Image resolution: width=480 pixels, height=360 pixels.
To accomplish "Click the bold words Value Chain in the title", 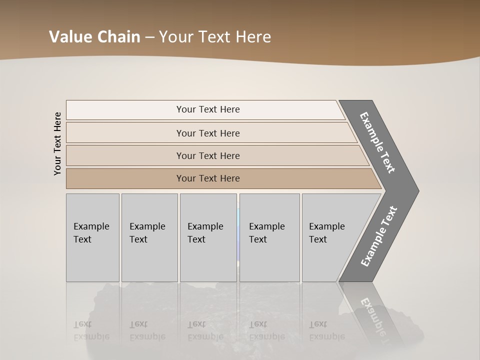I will (x=94, y=37).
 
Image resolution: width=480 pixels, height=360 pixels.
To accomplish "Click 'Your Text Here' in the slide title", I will (x=215, y=37).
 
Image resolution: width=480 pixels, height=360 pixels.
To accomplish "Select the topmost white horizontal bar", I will (x=208, y=109).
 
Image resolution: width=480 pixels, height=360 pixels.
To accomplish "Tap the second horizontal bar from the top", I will (x=208, y=133).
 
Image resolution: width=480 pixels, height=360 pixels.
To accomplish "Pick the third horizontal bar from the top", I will (x=208, y=155).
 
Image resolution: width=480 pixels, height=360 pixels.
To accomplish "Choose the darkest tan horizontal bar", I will (x=208, y=178).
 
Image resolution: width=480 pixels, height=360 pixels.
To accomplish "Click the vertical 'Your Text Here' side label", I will (x=57, y=143).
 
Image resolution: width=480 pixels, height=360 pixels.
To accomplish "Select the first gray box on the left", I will (x=92, y=237).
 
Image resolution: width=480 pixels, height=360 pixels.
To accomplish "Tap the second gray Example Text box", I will (x=149, y=237).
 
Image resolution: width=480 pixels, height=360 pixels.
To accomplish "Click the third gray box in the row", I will (x=208, y=237).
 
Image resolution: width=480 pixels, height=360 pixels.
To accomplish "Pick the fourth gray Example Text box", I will (x=269, y=237).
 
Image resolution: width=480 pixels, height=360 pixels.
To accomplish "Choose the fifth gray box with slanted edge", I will (x=330, y=237).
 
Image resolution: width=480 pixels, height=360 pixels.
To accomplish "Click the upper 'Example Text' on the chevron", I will (x=377, y=142).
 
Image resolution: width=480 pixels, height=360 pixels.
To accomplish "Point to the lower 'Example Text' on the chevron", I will (x=378, y=236).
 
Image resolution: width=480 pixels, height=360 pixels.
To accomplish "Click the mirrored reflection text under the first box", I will (x=91, y=330).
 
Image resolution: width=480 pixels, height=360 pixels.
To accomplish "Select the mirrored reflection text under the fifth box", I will (x=326, y=330).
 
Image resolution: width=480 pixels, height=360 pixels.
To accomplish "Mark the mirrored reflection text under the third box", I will (x=205, y=330).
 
